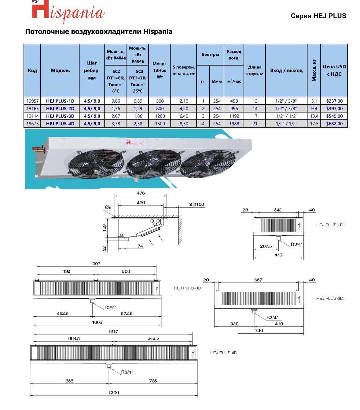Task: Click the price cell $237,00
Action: [x=334, y=101]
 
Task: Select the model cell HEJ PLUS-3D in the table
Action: [x=60, y=116]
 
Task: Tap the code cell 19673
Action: [x=32, y=124]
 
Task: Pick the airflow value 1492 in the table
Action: [x=234, y=116]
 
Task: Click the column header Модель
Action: [x=60, y=71]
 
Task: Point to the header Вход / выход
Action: [x=286, y=71]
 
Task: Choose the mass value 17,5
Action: [x=314, y=124]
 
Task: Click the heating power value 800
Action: [x=160, y=109]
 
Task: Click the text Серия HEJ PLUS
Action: [x=318, y=16]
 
